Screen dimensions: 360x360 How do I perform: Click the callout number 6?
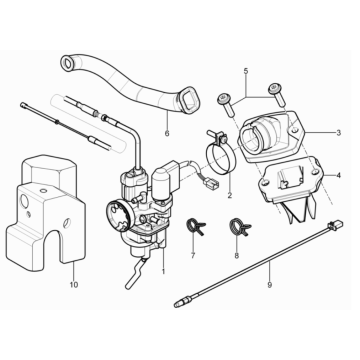(167, 132)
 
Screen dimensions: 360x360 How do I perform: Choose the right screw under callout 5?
(270, 93)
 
